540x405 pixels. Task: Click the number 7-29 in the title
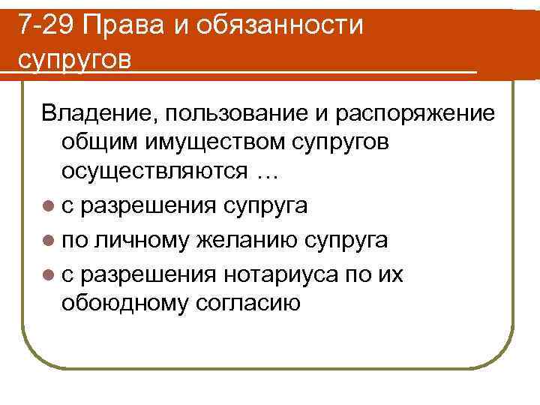[x=46, y=26]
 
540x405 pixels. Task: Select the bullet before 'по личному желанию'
[x=49, y=241]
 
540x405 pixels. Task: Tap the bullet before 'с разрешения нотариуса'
[x=49, y=275]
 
